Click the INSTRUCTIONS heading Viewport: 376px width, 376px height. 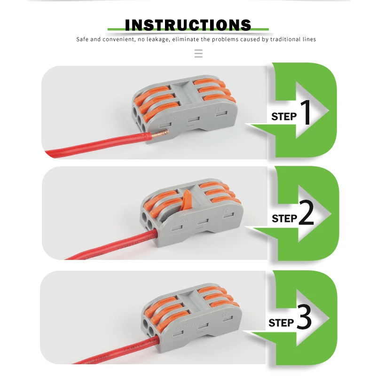(x=188, y=25)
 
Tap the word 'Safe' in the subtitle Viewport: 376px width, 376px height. (x=83, y=39)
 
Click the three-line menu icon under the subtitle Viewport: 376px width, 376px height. (x=198, y=54)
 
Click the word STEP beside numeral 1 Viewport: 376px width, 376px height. (x=284, y=117)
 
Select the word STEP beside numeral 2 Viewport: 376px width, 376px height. (x=284, y=219)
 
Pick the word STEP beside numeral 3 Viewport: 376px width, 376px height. (x=281, y=323)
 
